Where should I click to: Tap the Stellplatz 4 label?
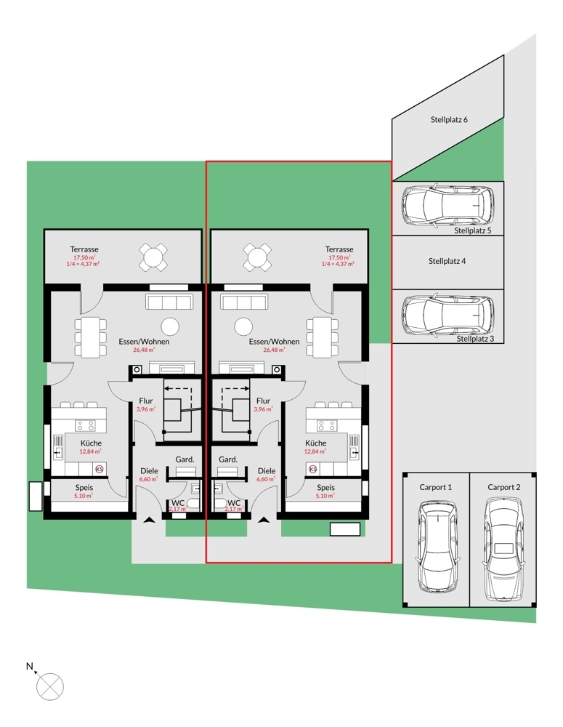pyautogui.click(x=446, y=260)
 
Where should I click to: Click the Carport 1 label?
pyautogui.click(x=435, y=487)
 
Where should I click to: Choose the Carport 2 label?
pyautogui.click(x=503, y=487)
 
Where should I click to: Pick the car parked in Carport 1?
pyautogui.click(x=435, y=550)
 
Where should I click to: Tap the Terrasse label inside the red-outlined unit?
pyautogui.click(x=339, y=249)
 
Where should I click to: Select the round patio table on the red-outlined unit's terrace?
pyautogui.click(x=256, y=256)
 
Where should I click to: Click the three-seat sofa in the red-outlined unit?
pyautogui.click(x=244, y=303)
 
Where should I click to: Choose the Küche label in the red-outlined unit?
pyautogui.click(x=316, y=443)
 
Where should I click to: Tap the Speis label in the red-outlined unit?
pyautogui.click(x=325, y=488)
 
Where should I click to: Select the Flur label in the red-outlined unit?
pyautogui.click(x=263, y=401)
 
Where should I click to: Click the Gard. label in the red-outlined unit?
pyautogui.click(x=228, y=459)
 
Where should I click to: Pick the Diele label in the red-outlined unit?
pyautogui.click(x=267, y=471)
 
